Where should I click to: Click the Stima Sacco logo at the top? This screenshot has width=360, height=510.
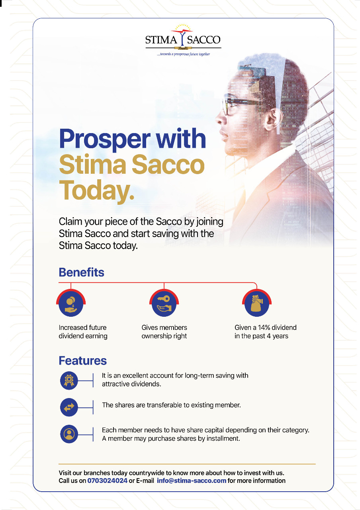coord(183,40)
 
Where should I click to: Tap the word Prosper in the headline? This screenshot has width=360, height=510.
coord(105,139)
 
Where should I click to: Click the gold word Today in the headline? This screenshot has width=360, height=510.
coord(96,190)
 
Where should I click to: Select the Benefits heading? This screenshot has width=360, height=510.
coord(82,272)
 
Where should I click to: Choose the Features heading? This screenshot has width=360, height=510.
coord(82,361)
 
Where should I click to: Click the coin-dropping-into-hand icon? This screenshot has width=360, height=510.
coord(71,303)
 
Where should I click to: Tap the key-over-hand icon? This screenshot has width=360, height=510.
coord(164,303)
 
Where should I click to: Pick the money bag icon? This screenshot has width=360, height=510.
coord(257,303)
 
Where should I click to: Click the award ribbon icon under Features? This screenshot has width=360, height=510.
coord(69,380)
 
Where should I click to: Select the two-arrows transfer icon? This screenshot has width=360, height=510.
coord(69,407)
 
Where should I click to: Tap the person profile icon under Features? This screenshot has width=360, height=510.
coord(69,434)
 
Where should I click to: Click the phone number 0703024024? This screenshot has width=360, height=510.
coord(107,481)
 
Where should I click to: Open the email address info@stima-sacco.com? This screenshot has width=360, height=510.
coord(192,481)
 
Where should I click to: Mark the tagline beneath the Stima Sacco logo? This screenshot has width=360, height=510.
coord(184,54)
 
